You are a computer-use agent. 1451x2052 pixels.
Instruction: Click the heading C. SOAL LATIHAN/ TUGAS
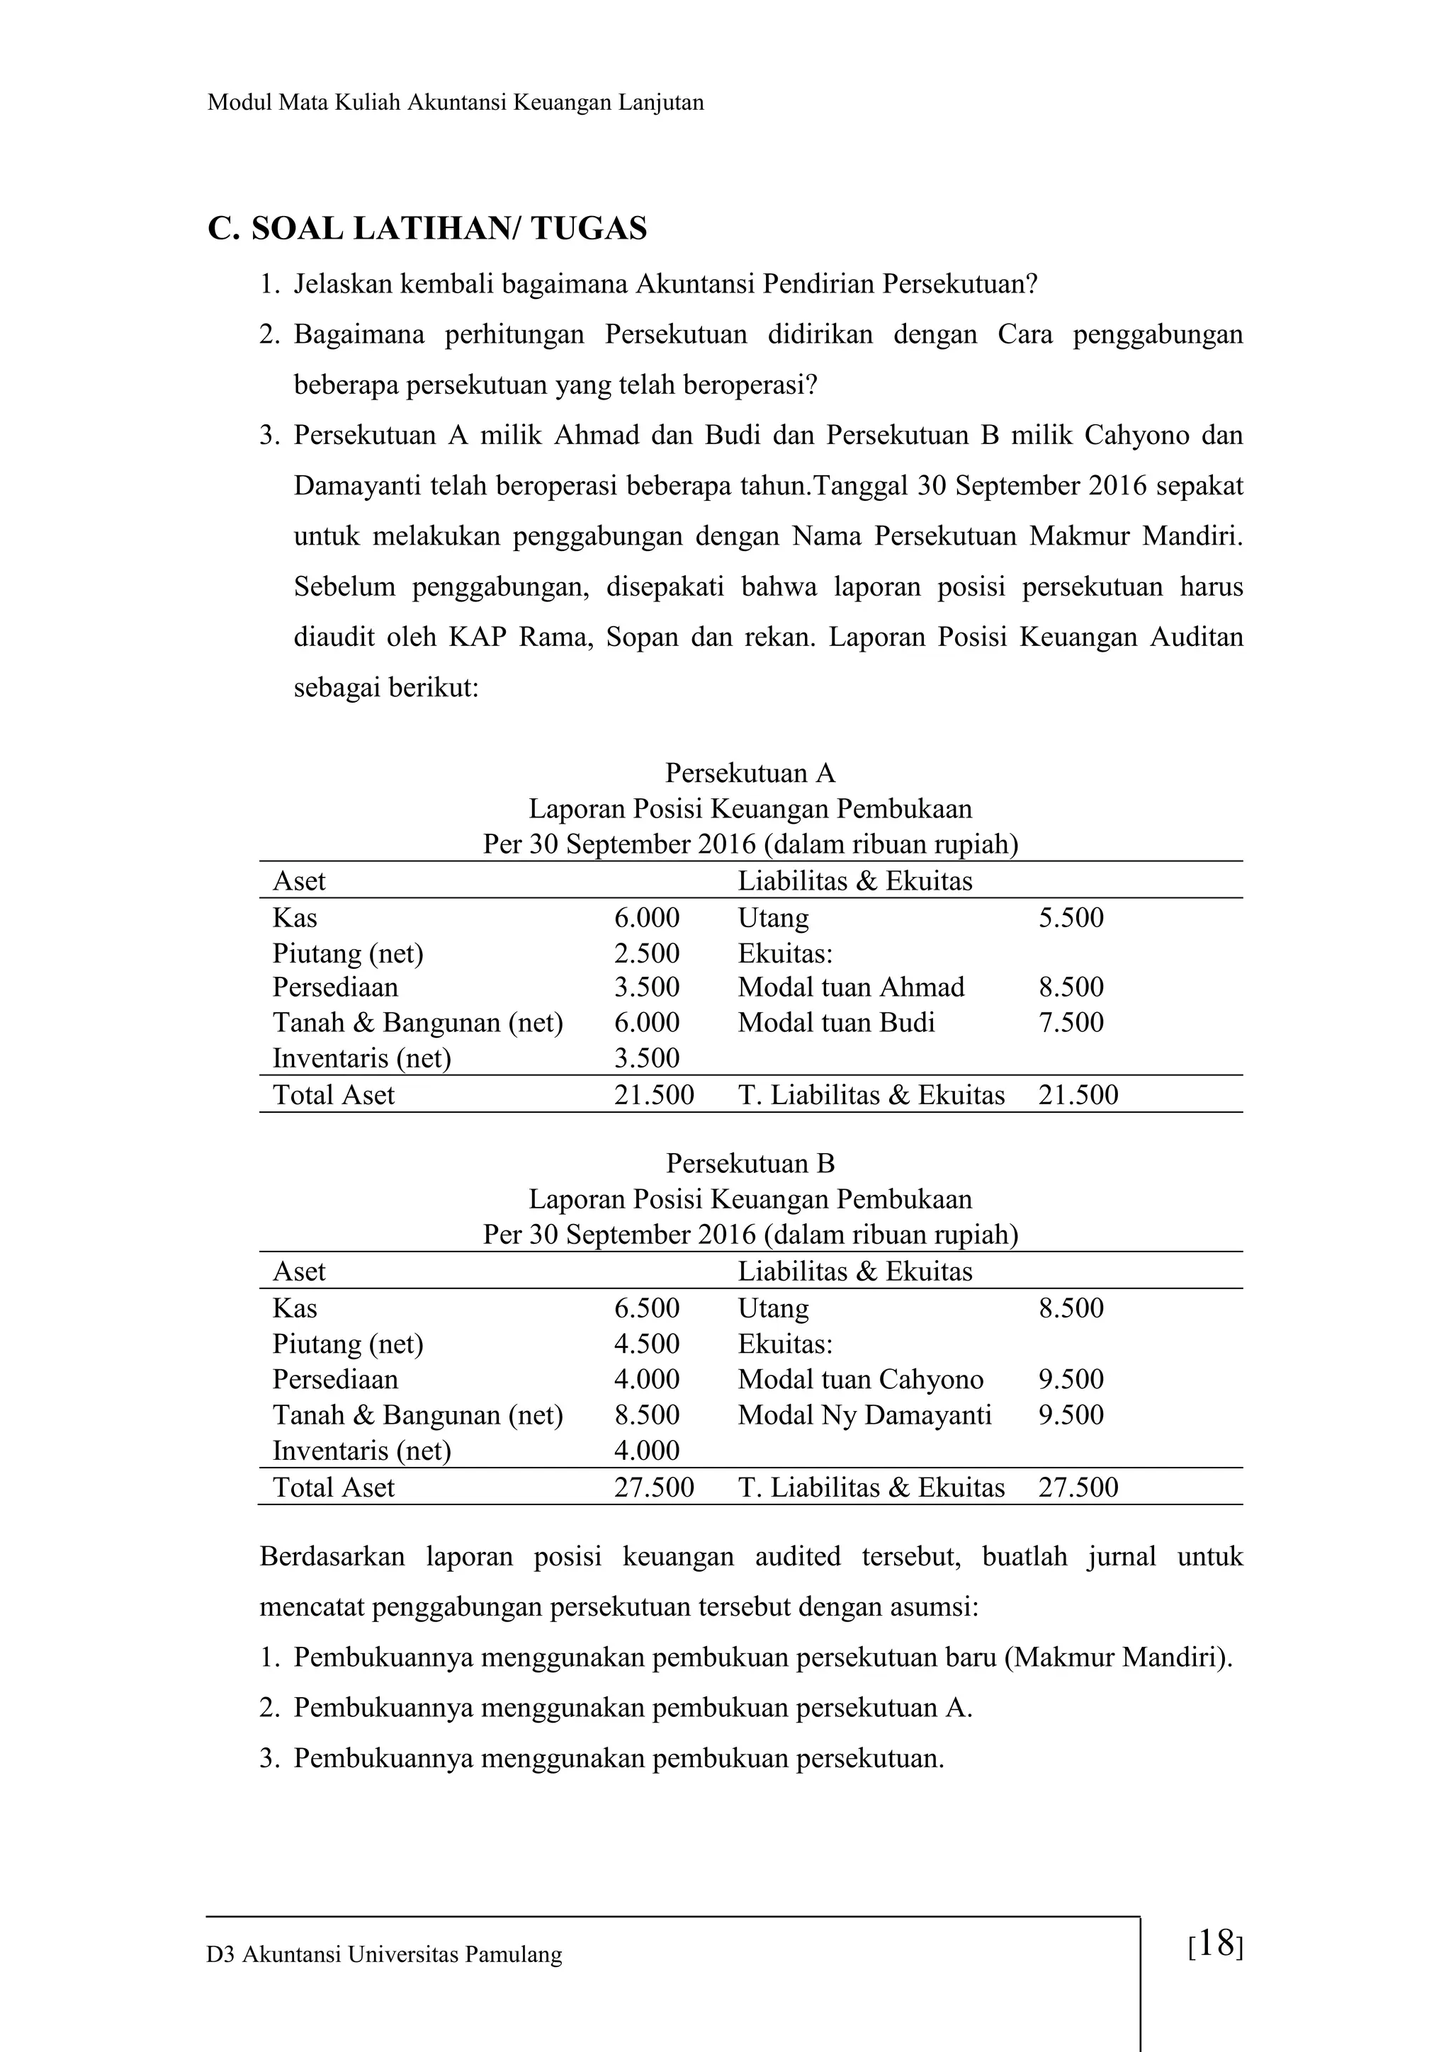coord(427,229)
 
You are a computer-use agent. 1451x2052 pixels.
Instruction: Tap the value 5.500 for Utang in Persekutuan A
coord(1070,918)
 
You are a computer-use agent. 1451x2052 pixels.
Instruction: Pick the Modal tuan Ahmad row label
coord(850,987)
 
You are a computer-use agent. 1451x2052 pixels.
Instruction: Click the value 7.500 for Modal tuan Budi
coord(1070,1022)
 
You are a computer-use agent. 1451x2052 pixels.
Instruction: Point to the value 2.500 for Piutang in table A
coord(646,953)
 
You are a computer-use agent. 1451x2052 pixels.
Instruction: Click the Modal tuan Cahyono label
coord(860,1379)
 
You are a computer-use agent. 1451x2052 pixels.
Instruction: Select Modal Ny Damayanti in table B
coord(864,1415)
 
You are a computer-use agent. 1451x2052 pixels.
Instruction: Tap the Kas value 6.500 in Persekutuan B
coord(646,1308)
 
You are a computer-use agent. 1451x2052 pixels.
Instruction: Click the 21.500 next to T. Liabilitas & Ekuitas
coord(1078,1095)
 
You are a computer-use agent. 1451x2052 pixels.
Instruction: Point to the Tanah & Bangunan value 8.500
coord(646,1415)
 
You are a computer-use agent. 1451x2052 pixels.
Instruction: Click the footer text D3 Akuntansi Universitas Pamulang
coord(385,1954)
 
